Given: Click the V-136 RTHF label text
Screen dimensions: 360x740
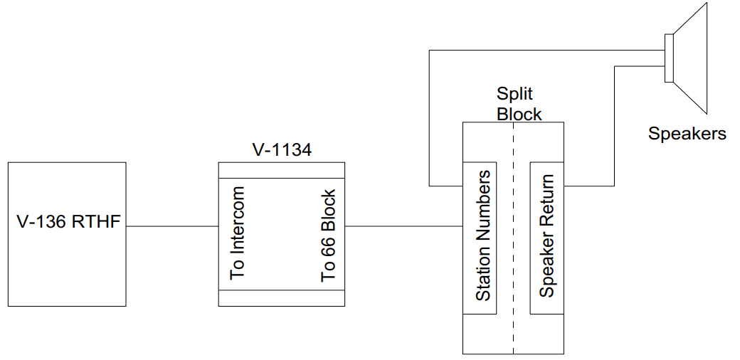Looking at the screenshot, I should point(68,223).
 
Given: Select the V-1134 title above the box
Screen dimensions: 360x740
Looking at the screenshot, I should point(282,150).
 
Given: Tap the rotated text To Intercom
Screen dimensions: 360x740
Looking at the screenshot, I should point(237,232).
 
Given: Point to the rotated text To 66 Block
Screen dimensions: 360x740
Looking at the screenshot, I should point(327,235).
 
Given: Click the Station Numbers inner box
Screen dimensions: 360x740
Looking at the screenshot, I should point(480,236).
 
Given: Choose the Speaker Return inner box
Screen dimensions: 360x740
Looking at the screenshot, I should point(546,236).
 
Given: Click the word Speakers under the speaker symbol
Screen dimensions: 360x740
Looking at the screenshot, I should point(687,133).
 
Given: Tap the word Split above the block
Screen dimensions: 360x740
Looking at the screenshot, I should point(514,95).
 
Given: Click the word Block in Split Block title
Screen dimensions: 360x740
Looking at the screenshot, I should point(519,114).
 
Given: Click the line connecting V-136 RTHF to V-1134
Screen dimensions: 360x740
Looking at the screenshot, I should point(171,227).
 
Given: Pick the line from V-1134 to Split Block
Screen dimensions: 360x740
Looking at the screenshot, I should point(403,227).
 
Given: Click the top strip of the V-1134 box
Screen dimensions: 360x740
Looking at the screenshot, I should point(281,170).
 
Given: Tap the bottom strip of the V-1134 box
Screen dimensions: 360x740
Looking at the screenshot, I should point(281,298).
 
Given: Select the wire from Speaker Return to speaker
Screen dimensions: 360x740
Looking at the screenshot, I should point(614,128).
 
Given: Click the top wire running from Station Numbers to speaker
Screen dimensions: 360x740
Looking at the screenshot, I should point(541,51).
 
